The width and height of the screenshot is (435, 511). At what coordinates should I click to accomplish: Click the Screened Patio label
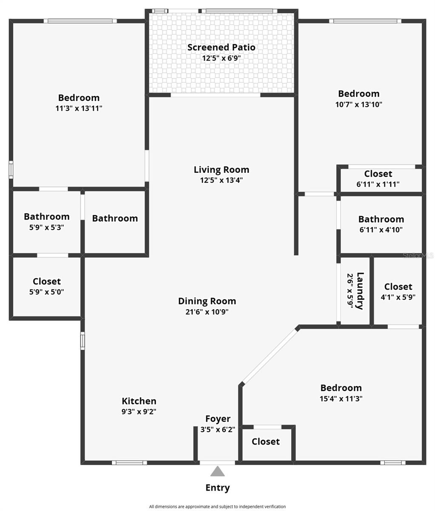pos(221,47)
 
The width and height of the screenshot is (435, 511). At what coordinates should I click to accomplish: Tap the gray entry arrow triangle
pos(217,471)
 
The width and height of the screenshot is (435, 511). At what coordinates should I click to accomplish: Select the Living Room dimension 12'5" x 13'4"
pos(221,180)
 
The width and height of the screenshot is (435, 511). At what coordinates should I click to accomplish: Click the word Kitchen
pos(139,401)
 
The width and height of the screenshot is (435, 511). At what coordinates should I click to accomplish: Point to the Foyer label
pos(218,419)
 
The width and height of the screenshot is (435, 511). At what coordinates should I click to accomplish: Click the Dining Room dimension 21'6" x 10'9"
pos(207,312)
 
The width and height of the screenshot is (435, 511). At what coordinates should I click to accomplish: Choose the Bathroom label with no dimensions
pos(115,218)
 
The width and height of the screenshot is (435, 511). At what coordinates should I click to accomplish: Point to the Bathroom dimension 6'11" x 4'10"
pos(381,230)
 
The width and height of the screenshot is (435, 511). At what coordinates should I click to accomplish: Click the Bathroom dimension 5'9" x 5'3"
pos(47,227)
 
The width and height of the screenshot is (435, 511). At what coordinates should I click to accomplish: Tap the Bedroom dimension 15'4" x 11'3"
pos(341,399)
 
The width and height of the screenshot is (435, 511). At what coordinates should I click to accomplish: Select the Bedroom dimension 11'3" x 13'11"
pos(79,108)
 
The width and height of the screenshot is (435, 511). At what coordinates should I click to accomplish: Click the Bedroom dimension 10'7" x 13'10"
pos(358,104)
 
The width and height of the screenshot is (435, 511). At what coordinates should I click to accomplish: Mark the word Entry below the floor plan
pos(217,488)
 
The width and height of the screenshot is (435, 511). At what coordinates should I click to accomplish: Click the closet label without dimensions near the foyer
pos(266,442)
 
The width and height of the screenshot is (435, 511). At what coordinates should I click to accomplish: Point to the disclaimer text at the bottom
pos(217,507)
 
